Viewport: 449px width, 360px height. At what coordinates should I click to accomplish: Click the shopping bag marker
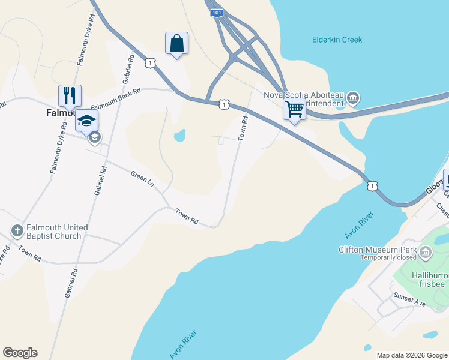coord(176,44)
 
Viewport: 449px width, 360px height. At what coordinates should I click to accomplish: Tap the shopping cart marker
coord(294,110)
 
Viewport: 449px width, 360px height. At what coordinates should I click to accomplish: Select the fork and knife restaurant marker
coord(70,95)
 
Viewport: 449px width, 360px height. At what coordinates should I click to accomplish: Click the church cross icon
coord(17,230)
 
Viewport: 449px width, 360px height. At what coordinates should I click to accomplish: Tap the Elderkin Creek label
coord(337,40)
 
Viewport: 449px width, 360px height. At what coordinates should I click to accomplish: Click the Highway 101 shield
coord(217,13)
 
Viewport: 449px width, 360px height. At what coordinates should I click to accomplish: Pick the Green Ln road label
coord(142,178)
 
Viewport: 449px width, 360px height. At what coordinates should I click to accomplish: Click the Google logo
coord(20,353)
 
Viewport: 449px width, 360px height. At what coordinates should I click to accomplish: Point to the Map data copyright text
coord(411,355)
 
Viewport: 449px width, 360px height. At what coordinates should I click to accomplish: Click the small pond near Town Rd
coord(179,136)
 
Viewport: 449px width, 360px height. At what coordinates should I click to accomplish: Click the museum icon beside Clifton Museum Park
coord(426,253)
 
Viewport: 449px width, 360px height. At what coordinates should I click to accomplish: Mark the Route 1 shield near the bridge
coord(373,187)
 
